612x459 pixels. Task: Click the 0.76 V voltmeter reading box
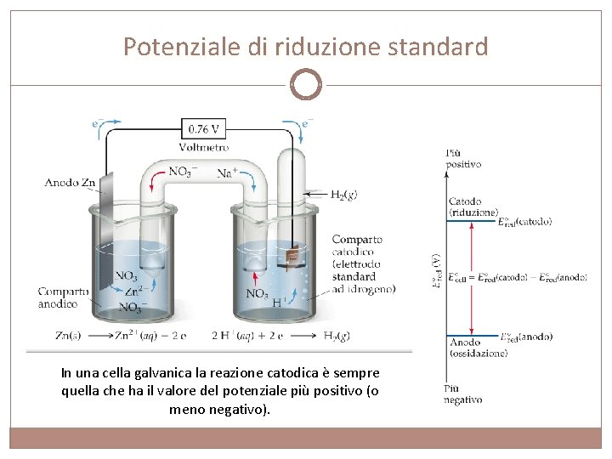[204, 129]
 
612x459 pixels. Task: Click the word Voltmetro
[204, 147]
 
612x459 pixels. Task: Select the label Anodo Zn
[70, 182]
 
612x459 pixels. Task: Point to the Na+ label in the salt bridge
[227, 173]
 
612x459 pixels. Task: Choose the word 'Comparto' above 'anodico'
[63, 292]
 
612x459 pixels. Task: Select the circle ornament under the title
[306, 85]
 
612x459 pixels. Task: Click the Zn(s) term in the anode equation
[69, 336]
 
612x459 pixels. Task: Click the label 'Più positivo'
[463, 158]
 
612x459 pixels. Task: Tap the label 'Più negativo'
[462, 394]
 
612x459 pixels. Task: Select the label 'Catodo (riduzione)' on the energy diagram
[473, 207]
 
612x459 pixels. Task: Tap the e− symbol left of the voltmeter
[99, 123]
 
